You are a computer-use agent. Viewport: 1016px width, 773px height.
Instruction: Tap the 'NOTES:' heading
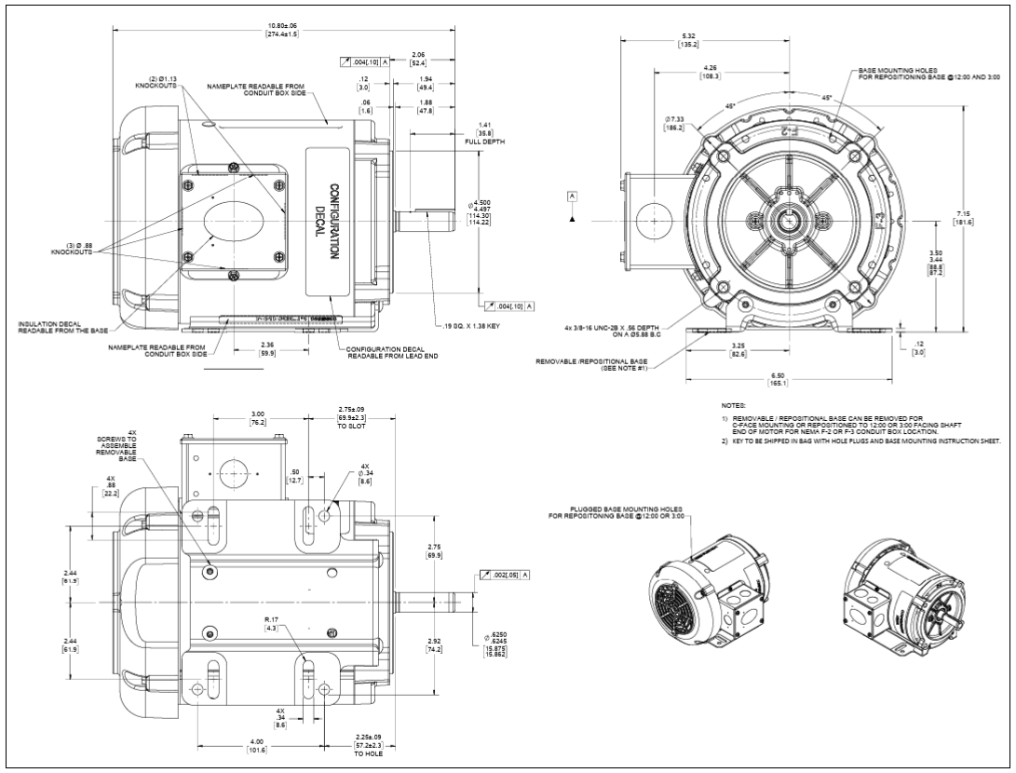click(734, 406)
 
